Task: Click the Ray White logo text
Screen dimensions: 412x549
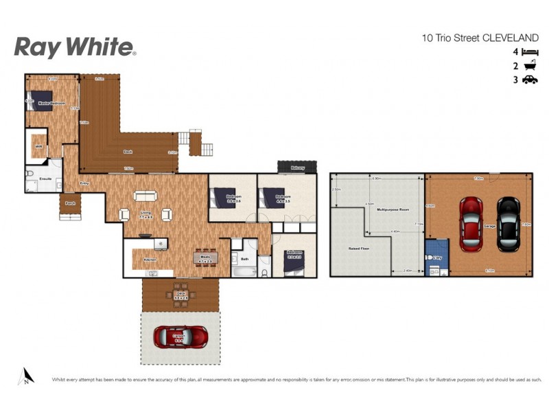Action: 74,47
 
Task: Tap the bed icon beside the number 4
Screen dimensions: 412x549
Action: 529,52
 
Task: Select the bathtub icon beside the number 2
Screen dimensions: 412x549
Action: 529,66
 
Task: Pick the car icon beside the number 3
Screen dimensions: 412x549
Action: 529,80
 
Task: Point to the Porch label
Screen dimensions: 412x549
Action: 70,203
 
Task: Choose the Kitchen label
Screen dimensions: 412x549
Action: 150,260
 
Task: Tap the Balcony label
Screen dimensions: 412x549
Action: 297,166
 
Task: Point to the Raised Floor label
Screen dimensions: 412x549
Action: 360,249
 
